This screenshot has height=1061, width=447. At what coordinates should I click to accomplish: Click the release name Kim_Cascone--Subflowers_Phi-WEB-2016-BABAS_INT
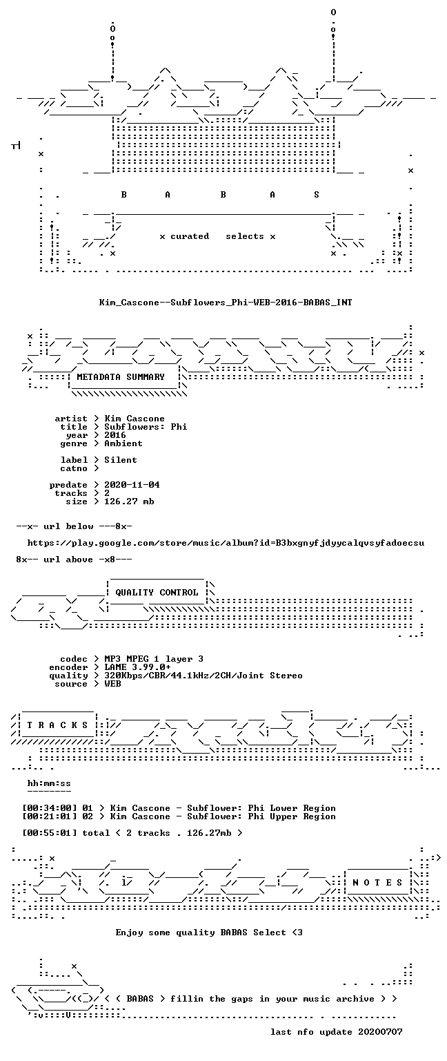click(226, 303)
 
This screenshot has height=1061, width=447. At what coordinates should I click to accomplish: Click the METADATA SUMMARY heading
click(121, 377)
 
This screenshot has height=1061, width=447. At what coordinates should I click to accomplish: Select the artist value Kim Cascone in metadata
click(135, 419)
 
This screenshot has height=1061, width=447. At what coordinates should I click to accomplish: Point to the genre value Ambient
click(123, 444)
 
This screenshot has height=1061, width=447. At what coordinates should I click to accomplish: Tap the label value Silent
click(121, 461)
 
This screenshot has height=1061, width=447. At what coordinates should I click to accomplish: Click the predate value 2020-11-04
click(132, 485)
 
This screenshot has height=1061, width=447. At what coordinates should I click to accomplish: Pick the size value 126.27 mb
click(129, 501)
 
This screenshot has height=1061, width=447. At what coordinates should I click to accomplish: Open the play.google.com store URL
click(226, 544)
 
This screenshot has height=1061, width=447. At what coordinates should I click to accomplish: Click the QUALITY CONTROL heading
click(157, 593)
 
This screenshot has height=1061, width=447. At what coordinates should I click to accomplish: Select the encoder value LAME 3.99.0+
click(138, 667)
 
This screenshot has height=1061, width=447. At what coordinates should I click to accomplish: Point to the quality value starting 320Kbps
click(203, 676)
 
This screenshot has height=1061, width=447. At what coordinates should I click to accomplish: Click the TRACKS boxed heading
click(57, 725)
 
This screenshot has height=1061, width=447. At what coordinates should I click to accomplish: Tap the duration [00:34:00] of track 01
click(49, 809)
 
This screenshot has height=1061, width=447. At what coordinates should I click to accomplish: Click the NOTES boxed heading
click(377, 883)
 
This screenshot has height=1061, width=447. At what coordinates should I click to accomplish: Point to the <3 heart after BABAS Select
click(297, 933)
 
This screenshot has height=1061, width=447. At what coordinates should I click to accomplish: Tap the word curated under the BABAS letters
click(190, 236)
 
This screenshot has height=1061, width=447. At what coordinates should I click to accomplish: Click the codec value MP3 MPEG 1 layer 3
click(154, 660)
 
